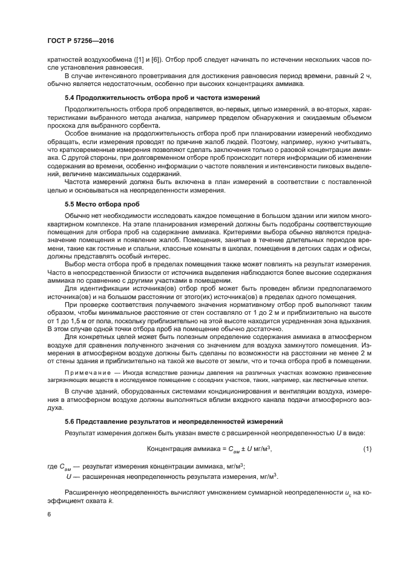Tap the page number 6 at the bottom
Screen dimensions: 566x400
[49, 515]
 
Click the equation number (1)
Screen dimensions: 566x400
[367, 449]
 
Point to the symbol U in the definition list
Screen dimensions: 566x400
[68, 477]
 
